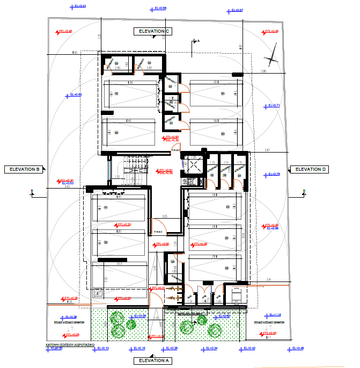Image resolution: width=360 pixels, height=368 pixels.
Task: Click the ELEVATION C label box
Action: (x=153, y=32)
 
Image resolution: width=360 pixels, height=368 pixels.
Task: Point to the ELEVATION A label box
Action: (x=153, y=360)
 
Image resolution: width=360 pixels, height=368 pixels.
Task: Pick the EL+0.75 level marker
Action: (x=273, y=174)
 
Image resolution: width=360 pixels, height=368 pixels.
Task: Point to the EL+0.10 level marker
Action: (x=102, y=349)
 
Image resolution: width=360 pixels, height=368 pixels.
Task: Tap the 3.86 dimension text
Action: (x=263, y=71)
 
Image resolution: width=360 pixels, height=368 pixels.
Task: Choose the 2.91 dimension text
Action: (x=269, y=280)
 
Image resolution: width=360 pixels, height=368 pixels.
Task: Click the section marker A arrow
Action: (x=194, y=41)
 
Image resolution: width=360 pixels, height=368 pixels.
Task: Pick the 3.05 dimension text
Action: (x=165, y=215)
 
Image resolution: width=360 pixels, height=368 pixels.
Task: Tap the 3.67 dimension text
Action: (x=267, y=150)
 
